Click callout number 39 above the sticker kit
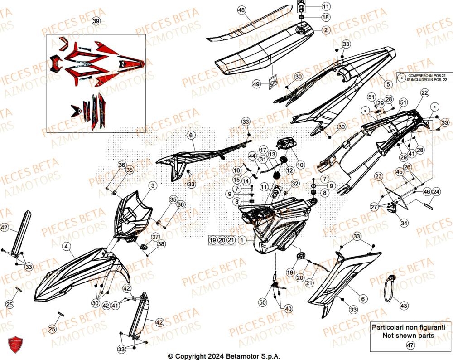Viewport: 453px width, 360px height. coord(96,21)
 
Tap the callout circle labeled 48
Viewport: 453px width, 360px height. coord(241,10)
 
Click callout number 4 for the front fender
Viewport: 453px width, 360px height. coord(66,247)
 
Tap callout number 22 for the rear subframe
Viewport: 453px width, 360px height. coord(424,93)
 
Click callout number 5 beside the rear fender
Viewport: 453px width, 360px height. coord(388,84)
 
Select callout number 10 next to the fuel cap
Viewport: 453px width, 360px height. coord(300,164)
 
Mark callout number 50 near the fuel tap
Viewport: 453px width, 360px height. coord(262,302)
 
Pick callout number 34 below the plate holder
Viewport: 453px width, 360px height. coord(404,223)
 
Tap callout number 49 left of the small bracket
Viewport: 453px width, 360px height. coord(256,84)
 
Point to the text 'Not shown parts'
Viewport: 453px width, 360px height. coord(408,336)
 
